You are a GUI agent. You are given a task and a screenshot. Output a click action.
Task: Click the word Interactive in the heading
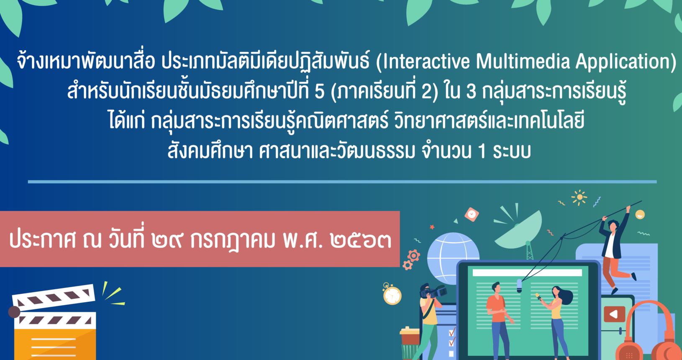coord(426,62)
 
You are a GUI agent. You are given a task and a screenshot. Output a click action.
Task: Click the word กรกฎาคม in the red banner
coord(233,241)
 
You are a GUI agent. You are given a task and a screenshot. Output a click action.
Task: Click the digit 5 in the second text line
coord(319,92)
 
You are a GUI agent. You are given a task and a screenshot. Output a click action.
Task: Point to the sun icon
coord(579,197)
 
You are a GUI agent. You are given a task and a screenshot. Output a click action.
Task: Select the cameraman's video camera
coord(433,291)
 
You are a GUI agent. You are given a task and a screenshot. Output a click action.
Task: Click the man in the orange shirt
coord(498,320)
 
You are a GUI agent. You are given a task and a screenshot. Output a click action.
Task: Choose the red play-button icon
coord(614,314)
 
